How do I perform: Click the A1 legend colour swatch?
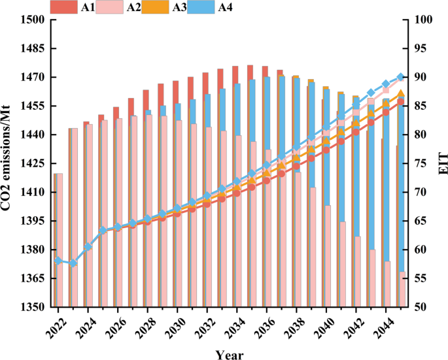coord(63,7)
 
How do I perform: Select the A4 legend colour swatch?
coord(201,7)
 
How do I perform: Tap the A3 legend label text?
coord(179,7)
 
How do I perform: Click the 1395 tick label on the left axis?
coord(33,221)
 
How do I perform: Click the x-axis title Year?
coord(230,355)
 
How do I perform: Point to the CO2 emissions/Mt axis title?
coord(6,158)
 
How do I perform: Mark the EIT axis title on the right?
coord(443,163)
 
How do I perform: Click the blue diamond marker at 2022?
coord(58,261)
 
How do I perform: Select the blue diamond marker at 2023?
coord(73,263)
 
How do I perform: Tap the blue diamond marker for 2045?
coord(400,77)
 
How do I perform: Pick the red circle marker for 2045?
coord(400,102)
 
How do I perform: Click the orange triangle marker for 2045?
coord(400,93)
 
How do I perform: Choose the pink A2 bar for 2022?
coord(60,240)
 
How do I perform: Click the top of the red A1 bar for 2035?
coord(250,65)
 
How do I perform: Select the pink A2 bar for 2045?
coord(402,289)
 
